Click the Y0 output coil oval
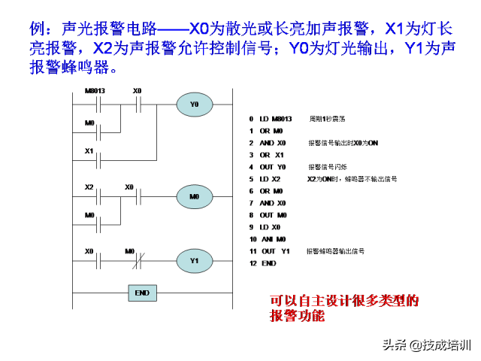[x=195, y=105]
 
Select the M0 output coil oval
[x=195, y=198]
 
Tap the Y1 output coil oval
[x=195, y=261]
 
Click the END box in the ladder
[x=141, y=293]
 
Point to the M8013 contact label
[x=95, y=91]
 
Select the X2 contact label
[x=89, y=186]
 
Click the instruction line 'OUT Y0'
[x=272, y=167]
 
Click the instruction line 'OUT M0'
[x=272, y=215]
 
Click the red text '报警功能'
[x=298, y=316]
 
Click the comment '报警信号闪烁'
[x=325, y=167]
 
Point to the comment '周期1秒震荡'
[x=327, y=119]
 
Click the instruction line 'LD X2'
[x=269, y=179]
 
